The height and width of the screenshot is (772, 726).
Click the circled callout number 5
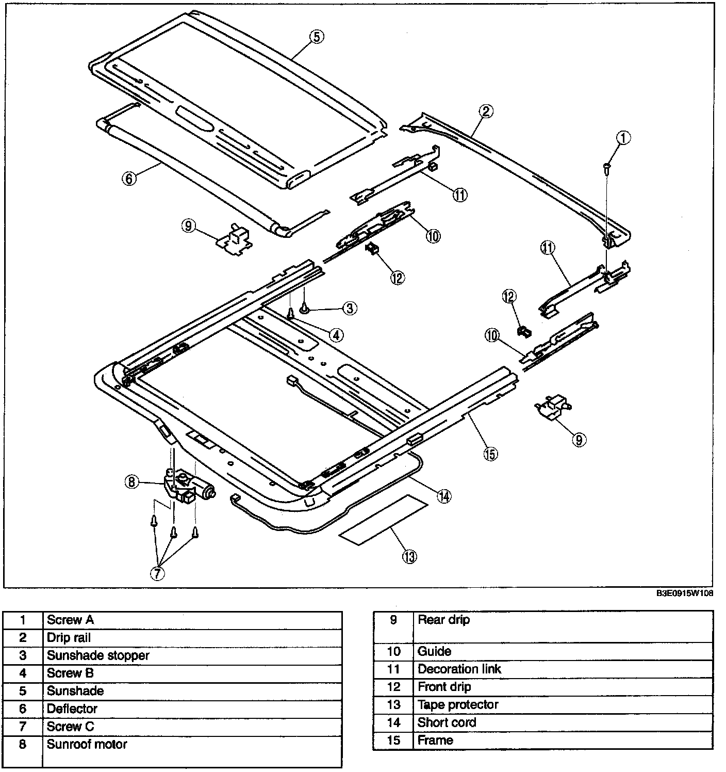tap(317, 37)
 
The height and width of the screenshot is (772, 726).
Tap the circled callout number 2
tap(486, 110)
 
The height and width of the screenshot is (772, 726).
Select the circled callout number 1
tap(623, 138)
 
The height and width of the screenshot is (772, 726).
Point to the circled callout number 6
tap(128, 179)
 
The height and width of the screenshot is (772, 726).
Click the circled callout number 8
tap(131, 482)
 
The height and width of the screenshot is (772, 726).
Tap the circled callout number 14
tap(444, 496)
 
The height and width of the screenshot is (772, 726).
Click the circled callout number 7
tap(157, 573)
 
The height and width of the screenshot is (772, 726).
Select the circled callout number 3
tap(349, 309)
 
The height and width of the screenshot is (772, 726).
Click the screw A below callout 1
tap(607, 167)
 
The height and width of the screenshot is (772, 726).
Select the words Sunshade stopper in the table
tap(98, 655)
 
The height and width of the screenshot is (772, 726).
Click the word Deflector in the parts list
tap(72, 709)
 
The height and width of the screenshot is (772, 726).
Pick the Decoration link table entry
tap(459, 669)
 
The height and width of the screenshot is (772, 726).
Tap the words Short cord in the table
tap(447, 722)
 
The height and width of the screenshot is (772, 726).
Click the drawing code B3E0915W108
tap(685, 593)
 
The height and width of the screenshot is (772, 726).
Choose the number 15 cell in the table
tap(393, 740)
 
